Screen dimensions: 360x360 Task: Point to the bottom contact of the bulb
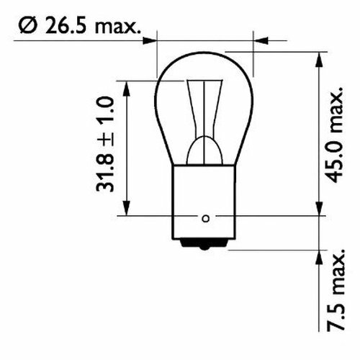coord(205,247)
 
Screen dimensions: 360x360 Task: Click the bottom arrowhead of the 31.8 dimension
coord(127,210)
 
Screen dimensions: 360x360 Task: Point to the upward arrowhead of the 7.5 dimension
coord(317,256)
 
